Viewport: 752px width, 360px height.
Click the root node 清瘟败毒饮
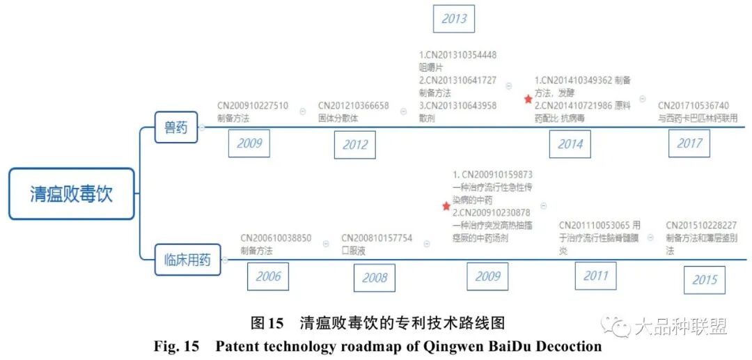(x=71, y=194)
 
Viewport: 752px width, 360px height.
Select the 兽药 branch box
(x=175, y=127)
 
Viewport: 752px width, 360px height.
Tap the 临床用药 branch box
(x=182, y=260)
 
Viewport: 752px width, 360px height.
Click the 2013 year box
(x=454, y=19)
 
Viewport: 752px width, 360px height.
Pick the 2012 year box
(x=354, y=145)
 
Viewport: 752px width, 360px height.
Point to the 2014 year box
(x=570, y=144)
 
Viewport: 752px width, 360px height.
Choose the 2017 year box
(x=689, y=143)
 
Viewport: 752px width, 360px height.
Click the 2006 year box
(x=268, y=276)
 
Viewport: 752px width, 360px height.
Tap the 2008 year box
(x=374, y=278)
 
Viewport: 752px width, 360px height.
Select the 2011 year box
(x=595, y=275)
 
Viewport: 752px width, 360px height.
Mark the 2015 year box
(x=704, y=279)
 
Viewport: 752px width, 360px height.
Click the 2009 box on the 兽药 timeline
(x=249, y=143)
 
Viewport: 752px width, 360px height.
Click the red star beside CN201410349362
(x=528, y=100)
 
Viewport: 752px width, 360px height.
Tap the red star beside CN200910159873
(x=446, y=206)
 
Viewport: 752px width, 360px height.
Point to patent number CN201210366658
(x=353, y=106)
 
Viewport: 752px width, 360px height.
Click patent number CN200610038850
(x=276, y=238)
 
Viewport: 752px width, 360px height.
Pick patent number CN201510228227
(x=701, y=225)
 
